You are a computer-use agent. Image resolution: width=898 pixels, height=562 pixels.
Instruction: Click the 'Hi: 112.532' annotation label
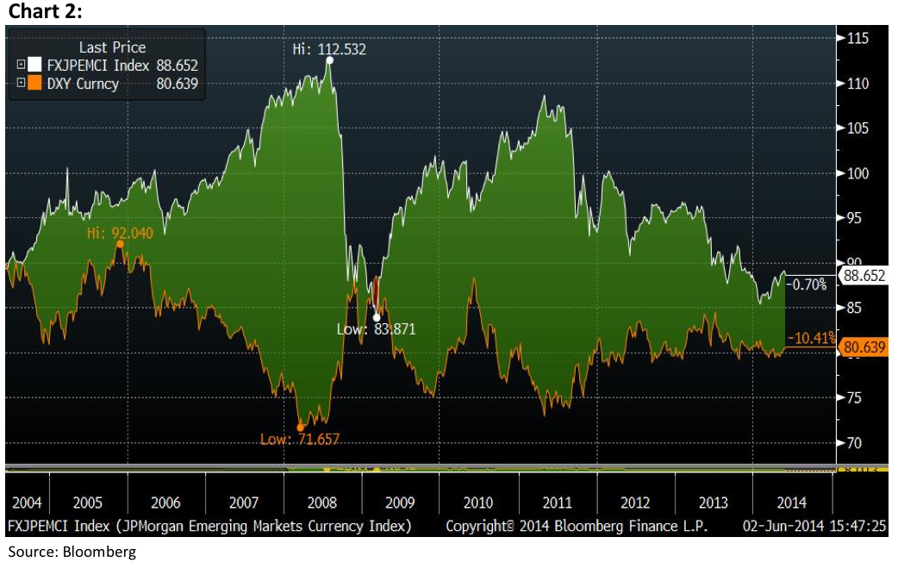[x=329, y=49]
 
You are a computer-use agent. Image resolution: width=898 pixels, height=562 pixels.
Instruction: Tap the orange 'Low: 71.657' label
[x=300, y=440]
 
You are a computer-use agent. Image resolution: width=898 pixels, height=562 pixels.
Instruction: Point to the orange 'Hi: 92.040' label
[x=120, y=233]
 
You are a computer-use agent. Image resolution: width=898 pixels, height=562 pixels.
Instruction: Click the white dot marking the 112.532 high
[x=330, y=60]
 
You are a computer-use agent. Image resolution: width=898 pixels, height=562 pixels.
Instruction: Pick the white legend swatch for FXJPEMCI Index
[x=35, y=66]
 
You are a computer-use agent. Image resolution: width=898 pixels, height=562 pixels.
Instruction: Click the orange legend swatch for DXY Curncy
[x=35, y=84]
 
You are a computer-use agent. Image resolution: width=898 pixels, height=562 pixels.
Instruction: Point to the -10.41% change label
[x=814, y=338]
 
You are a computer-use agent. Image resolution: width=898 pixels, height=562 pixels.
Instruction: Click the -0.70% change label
[x=809, y=284]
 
